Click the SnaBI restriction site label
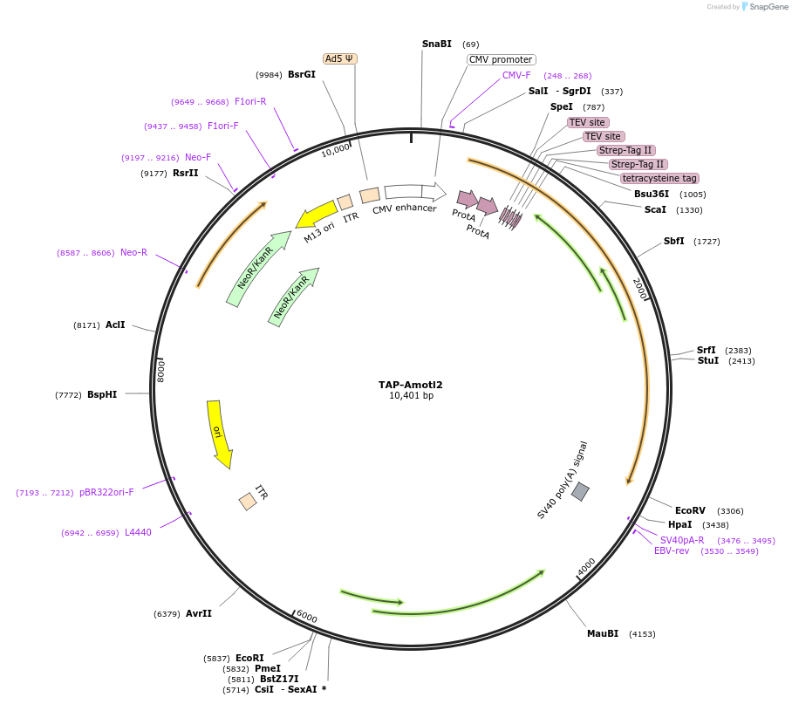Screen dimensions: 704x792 (x=436, y=44)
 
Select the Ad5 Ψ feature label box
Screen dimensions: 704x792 (x=339, y=58)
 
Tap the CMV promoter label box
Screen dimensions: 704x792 (x=501, y=59)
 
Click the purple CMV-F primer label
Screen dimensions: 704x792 (x=516, y=75)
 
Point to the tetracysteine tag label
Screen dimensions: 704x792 (x=659, y=178)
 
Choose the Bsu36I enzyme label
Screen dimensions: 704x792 (x=652, y=194)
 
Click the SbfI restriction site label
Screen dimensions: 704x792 (x=673, y=241)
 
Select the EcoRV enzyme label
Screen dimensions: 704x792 (x=690, y=510)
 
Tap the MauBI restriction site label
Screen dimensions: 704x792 (x=603, y=633)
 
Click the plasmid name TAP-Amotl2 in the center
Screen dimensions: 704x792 (x=411, y=385)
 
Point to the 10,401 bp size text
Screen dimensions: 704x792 (x=411, y=396)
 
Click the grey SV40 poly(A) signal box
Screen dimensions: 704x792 (x=580, y=492)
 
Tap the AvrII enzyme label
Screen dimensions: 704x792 (x=199, y=613)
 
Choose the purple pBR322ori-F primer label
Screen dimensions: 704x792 (x=106, y=492)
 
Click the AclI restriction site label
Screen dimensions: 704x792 (x=115, y=325)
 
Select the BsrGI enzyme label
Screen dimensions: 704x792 (x=302, y=74)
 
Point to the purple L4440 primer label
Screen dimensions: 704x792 (x=138, y=532)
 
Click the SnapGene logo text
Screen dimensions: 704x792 (x=765, y=7)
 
